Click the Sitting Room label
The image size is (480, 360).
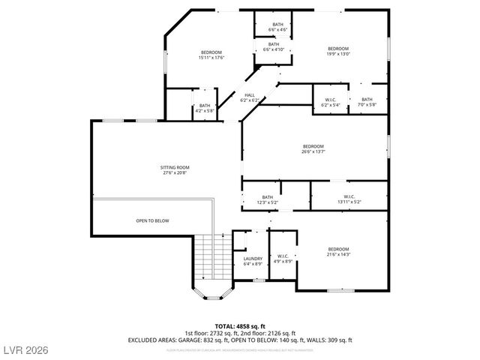(174, 169)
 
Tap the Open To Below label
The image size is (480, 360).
(152, 220)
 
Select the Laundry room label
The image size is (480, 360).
(253, 261)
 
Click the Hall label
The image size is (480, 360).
(249, 97)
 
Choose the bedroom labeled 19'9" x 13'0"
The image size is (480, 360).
(338, 51)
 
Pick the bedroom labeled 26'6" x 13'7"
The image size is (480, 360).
(313, 148)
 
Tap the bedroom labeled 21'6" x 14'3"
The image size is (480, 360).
(338, 252)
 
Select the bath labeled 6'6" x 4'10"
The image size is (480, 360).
(274, 47)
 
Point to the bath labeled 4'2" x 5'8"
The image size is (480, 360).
(205, 108)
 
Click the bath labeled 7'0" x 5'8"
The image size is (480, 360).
(367, 102)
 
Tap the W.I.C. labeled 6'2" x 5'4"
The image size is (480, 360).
(330, 102)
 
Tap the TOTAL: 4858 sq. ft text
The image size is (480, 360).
(239, 326)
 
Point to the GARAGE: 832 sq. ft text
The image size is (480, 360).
(203, 340)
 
